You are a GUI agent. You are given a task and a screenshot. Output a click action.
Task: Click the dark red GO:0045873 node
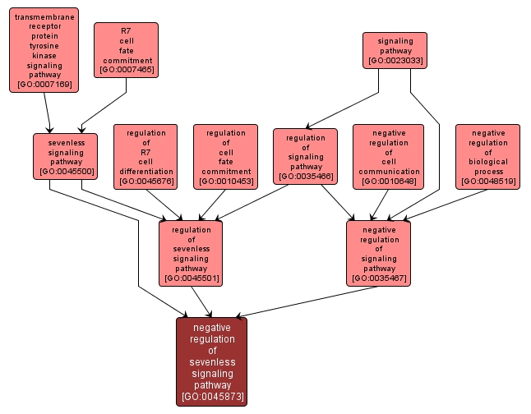211,361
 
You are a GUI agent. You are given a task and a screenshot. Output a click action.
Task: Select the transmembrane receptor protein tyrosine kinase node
44,49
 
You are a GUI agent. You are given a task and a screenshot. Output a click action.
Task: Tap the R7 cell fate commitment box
126,49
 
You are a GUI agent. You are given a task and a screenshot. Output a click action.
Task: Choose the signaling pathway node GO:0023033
395,50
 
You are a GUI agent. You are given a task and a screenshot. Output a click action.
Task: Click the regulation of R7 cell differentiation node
146,156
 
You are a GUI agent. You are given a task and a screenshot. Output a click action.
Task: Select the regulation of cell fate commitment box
226,156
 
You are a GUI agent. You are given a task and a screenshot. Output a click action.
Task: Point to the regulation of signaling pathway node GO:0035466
306,155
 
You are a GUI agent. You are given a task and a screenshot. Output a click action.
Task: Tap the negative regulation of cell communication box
388,156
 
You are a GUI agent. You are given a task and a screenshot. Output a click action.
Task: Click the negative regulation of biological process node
488,156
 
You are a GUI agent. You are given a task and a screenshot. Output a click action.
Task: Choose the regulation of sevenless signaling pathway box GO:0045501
192,253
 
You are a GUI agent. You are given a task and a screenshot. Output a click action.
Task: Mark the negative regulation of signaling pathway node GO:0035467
379,253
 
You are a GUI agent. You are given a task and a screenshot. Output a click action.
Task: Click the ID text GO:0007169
44,84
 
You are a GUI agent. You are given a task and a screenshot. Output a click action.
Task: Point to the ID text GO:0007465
126,70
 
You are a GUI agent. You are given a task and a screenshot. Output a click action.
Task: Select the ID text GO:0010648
388,182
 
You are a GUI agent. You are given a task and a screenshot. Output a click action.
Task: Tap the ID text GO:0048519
488,182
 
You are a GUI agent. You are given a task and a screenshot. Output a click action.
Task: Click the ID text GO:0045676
146,182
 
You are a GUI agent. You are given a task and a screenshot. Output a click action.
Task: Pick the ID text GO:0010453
226,182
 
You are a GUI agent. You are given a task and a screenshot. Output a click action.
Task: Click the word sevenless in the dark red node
211,361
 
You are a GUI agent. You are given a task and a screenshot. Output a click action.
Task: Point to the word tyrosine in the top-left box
44,46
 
